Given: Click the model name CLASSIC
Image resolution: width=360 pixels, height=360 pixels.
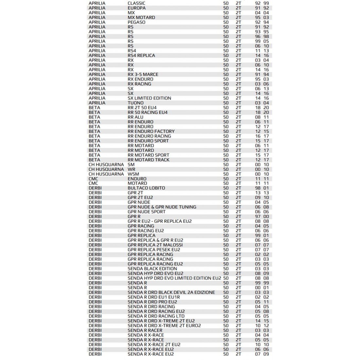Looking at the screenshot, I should point(136,3).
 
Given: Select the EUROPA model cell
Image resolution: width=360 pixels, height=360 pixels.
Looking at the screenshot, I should point(136,8).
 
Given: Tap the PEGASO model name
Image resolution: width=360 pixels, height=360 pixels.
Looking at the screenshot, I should point(136,22).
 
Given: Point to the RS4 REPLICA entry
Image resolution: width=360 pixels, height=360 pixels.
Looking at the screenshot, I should point(141,55).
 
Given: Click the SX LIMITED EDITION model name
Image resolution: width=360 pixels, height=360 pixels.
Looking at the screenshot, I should point(149,98).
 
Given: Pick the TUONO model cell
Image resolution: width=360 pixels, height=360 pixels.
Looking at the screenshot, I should point(135,103).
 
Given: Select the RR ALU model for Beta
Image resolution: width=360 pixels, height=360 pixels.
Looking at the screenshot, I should point(135,117).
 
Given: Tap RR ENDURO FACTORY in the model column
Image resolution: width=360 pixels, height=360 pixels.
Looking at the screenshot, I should point(151,131).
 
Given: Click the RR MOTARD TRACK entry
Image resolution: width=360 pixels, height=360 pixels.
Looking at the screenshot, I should point(149,160).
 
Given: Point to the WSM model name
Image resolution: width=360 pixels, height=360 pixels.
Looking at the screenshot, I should point(133,174).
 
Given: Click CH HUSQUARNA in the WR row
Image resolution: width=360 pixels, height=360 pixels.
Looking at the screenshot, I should point(106,169).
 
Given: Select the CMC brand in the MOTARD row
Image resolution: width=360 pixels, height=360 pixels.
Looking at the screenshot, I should point(93,183).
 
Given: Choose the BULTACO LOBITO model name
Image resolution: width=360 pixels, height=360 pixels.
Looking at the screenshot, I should point(146,188).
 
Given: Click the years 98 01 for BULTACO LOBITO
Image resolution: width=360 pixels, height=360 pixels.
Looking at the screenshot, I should point(262,188).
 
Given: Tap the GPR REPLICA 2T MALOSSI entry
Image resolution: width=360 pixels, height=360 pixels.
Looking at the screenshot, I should point(155,245).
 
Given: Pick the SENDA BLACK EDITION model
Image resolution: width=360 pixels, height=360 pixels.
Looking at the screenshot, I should point(152,269).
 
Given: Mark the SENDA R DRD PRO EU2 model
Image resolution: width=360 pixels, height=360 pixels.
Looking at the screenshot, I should point(152,302).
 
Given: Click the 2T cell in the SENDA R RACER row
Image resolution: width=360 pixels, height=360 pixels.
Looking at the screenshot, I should point(238,330).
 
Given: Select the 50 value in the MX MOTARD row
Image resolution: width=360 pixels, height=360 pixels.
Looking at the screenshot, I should point(226,17).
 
